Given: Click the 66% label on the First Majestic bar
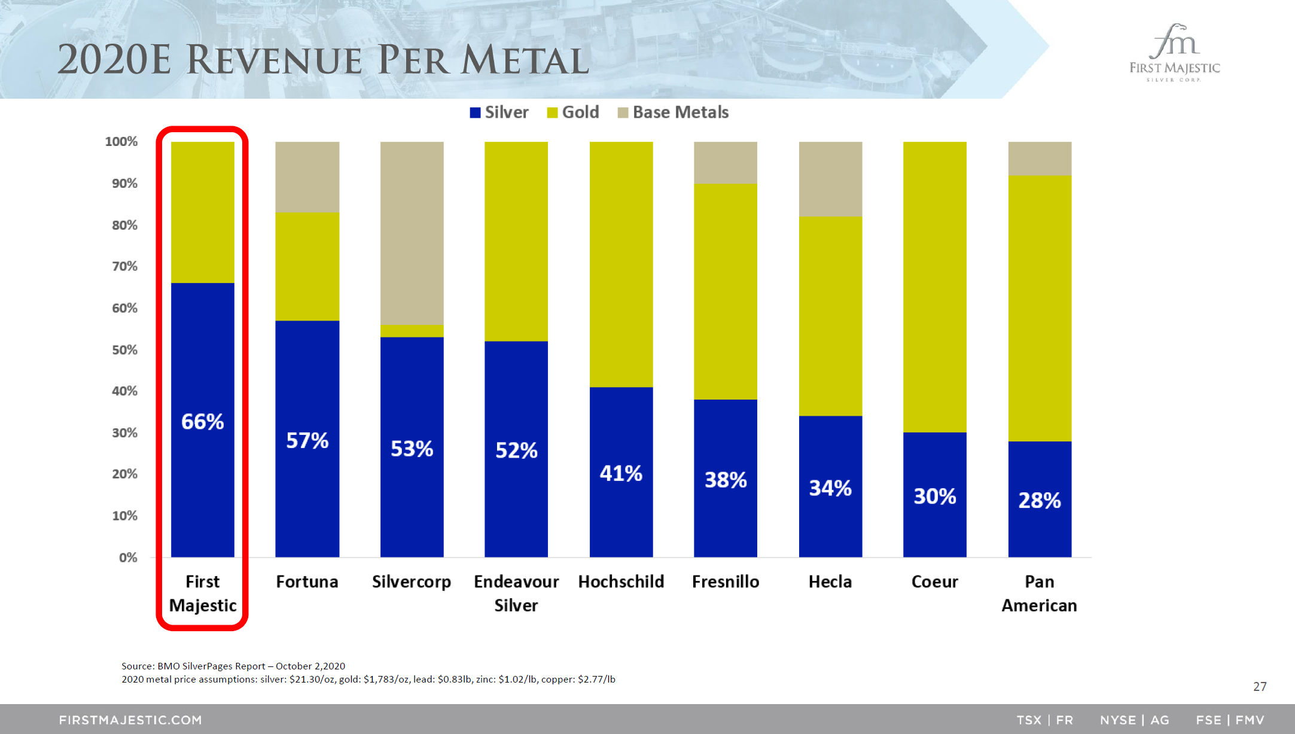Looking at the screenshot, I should [203, 422].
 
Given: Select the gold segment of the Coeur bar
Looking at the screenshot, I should [934, 287].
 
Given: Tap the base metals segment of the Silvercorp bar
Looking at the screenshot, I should [412, 233].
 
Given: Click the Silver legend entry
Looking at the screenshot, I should [499, 112].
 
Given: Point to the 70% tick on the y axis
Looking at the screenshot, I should [124, 266].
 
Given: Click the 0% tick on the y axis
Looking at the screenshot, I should [128, 558].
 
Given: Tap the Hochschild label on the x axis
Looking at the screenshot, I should [621, 581].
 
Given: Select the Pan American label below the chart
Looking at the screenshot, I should [1039, 593].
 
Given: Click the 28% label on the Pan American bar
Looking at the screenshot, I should [1040, 500].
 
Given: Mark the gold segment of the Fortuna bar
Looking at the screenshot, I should [307, 267].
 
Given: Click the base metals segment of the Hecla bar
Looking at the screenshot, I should [830, 179].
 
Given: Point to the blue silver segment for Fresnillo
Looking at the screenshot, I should [725, 479].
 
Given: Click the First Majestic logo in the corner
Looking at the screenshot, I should [1174, 53].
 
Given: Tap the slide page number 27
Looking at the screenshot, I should [1260, 687].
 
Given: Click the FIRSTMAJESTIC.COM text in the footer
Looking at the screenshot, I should [130, 720].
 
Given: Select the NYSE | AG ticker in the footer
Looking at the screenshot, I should [1134, 720].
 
